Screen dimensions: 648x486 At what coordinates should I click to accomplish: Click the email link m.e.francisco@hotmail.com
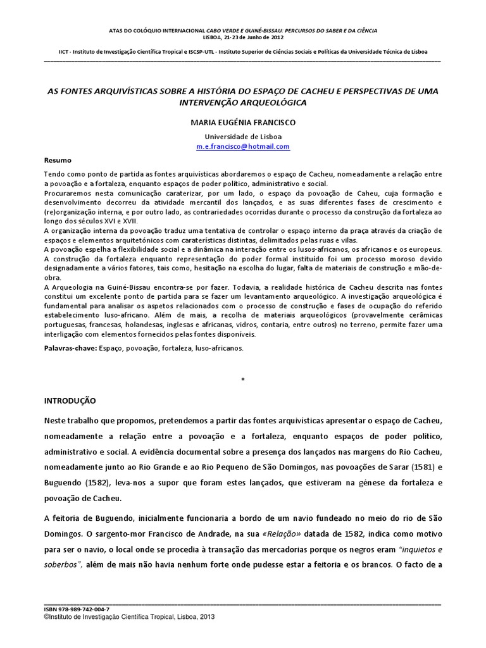[x=243, y=146]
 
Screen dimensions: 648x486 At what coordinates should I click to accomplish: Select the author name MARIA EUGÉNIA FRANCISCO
[x=243, y=122]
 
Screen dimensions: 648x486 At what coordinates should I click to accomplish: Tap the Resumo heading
[x=58, y=160]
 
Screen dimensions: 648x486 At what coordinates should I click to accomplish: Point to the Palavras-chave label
[x=70, y=348]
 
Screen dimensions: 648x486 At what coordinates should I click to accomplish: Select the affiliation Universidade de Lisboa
[x=243, y=136]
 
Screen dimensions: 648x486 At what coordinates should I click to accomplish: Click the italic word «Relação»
[x=285, y=529]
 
